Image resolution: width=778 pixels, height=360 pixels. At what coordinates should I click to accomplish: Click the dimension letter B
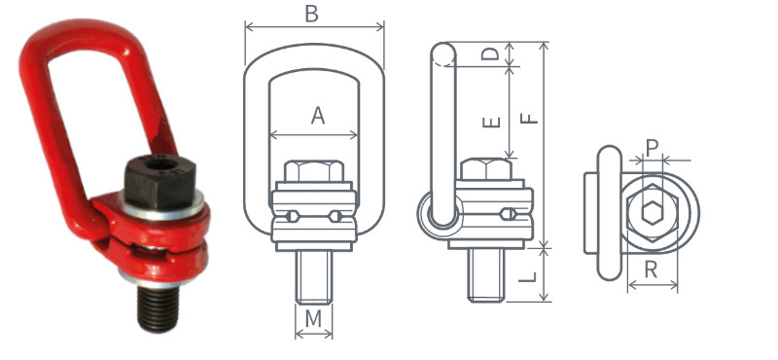point(311,14)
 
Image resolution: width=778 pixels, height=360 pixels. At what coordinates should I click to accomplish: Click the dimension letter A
point(317,116)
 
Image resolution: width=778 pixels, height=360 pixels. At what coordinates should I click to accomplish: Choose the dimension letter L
point(526,277)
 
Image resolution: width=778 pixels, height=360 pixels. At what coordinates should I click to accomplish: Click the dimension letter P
point(653,147)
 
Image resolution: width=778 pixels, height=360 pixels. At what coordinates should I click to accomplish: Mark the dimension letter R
point(652,271)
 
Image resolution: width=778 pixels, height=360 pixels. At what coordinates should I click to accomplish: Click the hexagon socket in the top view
point(651,213)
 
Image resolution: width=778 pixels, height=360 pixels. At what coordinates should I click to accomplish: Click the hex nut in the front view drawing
point(313,172)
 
